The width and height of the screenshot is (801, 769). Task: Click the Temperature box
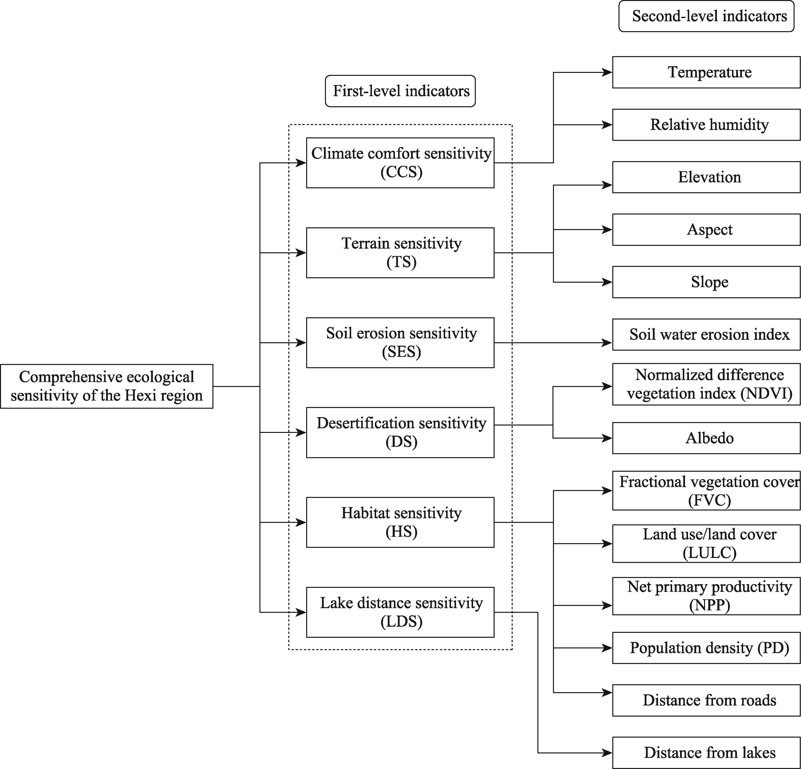(x=706, y=72)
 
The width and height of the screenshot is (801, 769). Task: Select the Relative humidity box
(x=706, y=125)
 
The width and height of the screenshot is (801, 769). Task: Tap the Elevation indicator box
(x=706, y=177)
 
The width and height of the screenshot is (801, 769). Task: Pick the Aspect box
(x=706, y=230)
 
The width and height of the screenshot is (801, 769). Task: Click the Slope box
(x=706, y=282)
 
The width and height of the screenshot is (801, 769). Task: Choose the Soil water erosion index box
(x=706, y=335)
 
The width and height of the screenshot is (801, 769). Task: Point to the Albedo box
(x=706, y=438)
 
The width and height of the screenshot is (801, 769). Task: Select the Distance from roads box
(x=706, y=700)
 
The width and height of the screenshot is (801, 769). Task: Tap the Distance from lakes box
(x=706, y=753)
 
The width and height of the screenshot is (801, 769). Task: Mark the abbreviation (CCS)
(x=401, y=172)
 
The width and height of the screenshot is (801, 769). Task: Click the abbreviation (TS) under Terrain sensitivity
(x=401, y=262)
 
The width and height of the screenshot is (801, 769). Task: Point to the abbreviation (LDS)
(x=401, y=621)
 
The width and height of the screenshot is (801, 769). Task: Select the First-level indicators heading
(x=401, y=91)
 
